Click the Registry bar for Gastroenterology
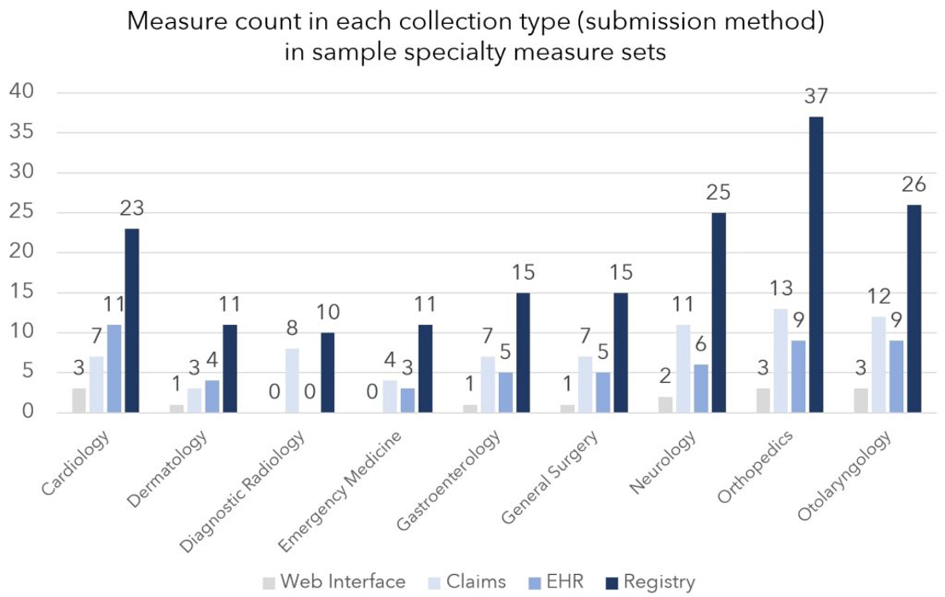[x=522, y=353]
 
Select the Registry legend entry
[x=650, y=582]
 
